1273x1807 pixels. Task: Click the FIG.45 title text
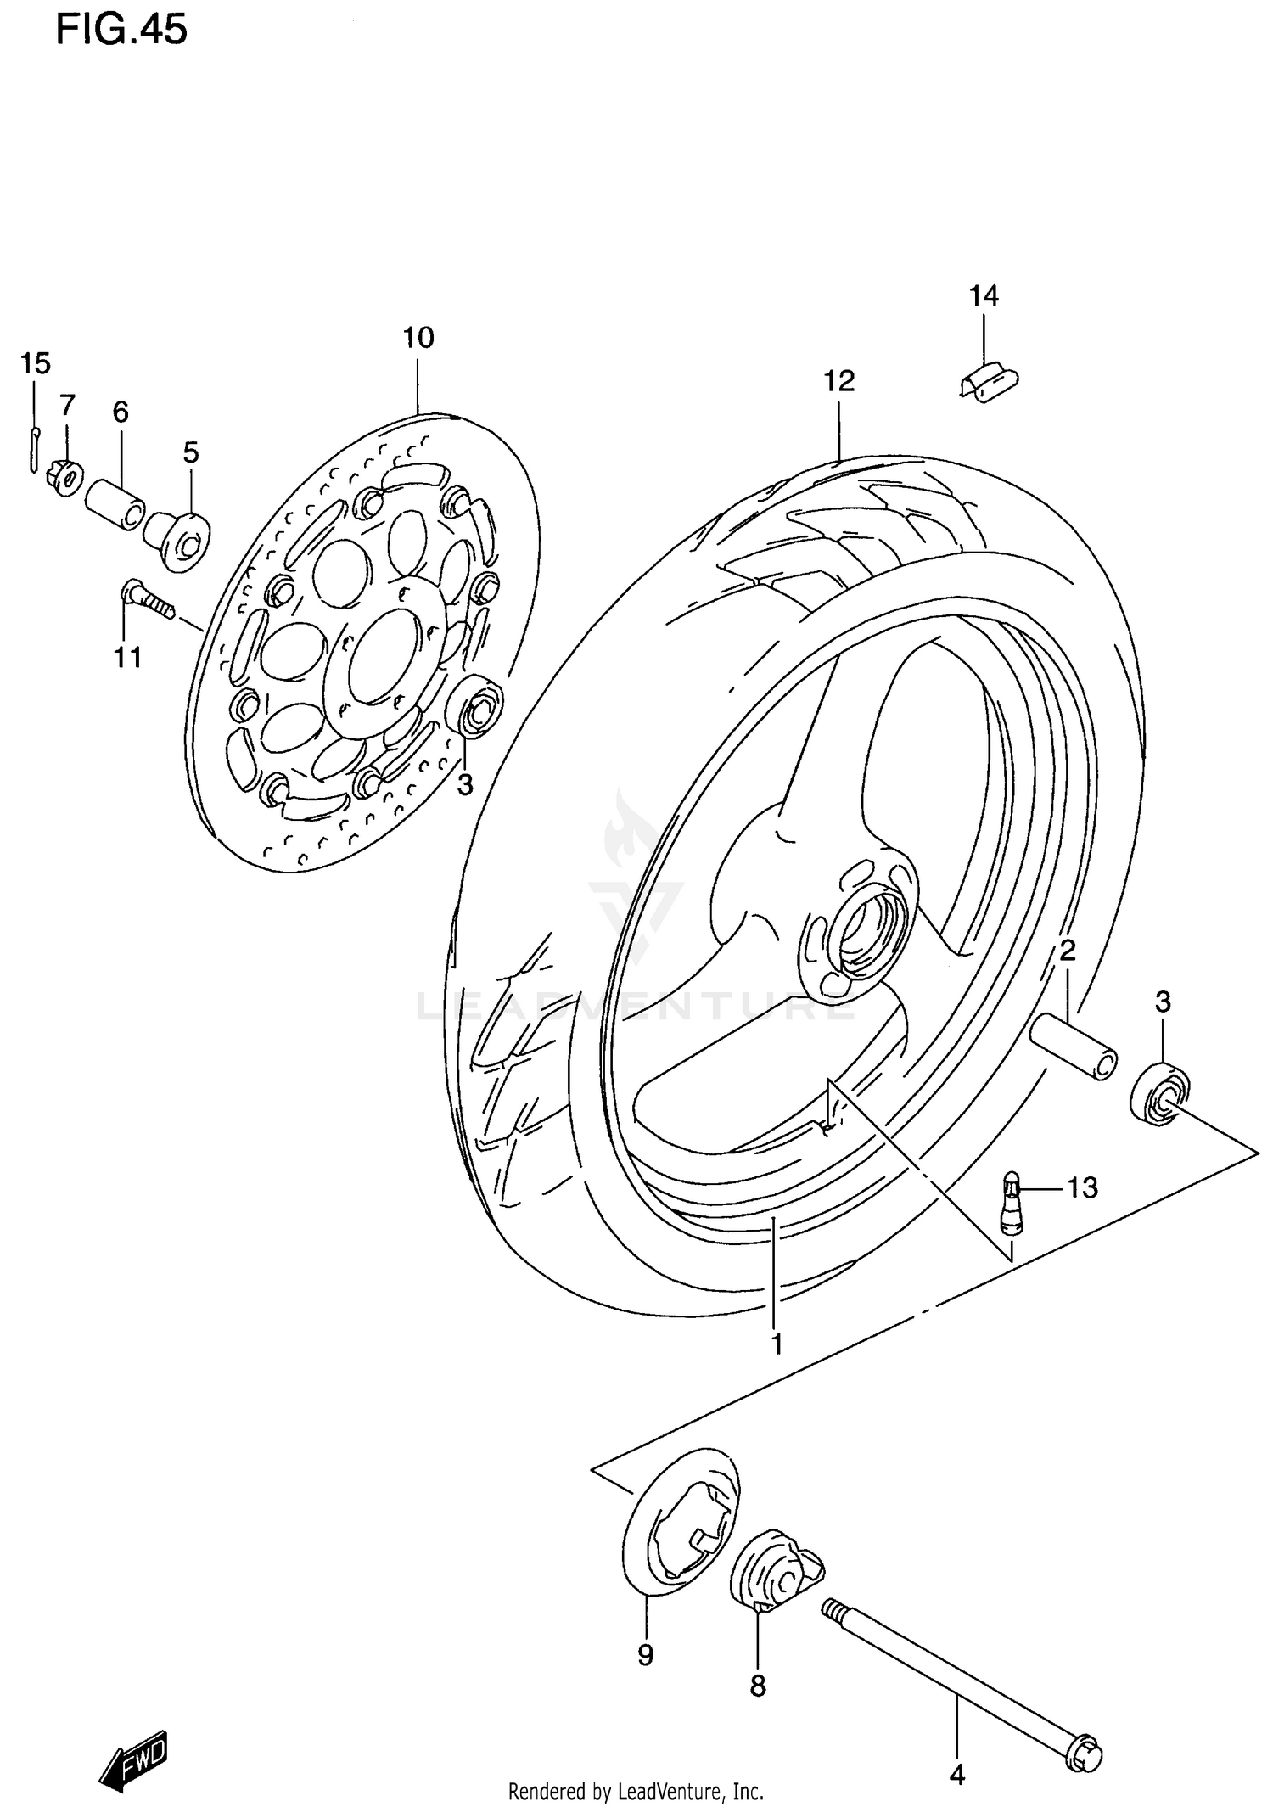(x=121, y=31)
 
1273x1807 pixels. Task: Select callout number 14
(x=984, y=296)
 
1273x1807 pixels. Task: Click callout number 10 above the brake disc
(x=418, y=338)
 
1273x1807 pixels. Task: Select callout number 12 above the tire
(x=838, y=381)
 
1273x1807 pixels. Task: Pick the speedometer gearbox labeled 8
(x=772, y=1572)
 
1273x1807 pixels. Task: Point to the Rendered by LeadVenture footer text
(x=636, y=1792)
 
